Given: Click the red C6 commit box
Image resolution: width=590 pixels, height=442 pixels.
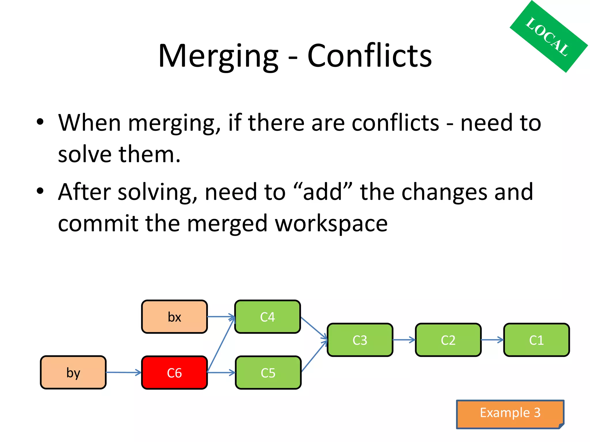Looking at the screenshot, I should point(174,373).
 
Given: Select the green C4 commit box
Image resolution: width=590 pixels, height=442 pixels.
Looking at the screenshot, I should point(267,317).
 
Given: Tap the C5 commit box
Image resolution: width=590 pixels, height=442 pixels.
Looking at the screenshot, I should point(268,373).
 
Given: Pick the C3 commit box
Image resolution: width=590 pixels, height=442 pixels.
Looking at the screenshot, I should point(360,340).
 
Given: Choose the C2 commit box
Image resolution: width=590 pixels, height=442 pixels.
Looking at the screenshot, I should point(448,340).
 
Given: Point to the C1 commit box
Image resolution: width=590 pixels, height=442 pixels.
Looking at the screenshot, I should point(536,340).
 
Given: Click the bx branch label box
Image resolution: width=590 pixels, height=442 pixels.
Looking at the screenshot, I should point(174,317).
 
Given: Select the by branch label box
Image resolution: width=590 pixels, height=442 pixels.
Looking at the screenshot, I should point(73,373).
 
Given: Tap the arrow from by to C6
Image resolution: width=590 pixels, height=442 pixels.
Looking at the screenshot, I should point(124,373).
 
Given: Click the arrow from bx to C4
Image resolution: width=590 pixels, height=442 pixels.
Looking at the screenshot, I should point(221,317).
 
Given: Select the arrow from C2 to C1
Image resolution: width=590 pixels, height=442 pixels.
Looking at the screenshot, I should point(492,340).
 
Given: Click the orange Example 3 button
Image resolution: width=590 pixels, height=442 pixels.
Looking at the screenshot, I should point(510,413).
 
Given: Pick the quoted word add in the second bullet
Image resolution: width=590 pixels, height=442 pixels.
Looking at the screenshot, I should point(323,192).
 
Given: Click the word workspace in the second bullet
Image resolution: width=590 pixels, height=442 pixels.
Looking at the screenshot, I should point(331,224).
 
